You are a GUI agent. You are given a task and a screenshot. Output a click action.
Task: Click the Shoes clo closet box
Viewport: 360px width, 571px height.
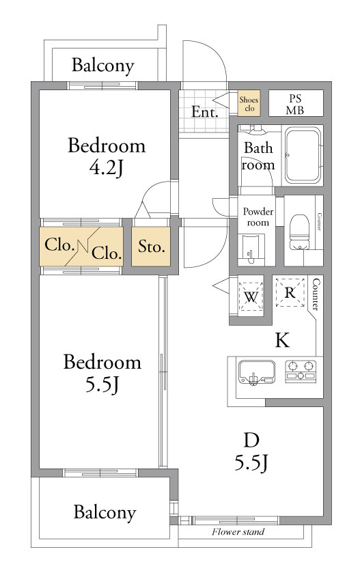click(x=249, y=103)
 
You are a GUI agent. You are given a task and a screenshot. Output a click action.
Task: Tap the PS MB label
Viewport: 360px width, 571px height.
click(x=295, y=104)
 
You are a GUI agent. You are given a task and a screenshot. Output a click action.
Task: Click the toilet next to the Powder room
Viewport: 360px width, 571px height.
click(x=299, y=233)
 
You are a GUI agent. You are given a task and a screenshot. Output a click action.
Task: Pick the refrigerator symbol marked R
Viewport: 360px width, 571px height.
click(x=290, y=292)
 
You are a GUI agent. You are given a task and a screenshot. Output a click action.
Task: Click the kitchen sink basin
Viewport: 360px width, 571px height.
click(x=257, y=372)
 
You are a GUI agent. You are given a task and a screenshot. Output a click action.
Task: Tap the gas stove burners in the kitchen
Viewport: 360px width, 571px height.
click(x=301, y=371)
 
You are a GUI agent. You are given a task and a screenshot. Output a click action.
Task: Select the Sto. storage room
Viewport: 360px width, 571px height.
click(x=151, y=247)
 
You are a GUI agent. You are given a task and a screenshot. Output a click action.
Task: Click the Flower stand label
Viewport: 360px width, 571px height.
click(x=238, y=531)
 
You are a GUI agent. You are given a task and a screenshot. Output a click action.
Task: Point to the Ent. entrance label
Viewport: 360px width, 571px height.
click(x=205, y=112)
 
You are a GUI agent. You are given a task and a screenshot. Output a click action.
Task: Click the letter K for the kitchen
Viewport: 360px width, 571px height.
click(x=282, y=340)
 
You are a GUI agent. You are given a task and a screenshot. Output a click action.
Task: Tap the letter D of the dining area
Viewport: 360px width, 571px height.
click(x=251, y=441)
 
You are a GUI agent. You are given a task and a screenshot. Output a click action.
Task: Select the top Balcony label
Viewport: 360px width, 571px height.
click(x=103, y=66)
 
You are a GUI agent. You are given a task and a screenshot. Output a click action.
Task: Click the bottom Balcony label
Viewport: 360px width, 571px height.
click(x=105, y=512)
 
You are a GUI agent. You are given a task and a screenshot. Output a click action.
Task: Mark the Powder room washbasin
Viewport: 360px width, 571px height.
click(x=251, y=249)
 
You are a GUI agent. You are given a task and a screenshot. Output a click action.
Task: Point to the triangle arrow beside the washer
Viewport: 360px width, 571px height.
click(x=221, y=285)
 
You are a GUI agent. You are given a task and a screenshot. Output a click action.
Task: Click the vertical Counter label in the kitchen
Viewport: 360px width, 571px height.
click(x=316, y=294)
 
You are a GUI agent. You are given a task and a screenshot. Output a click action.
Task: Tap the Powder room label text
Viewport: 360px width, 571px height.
click(x=258, y=217)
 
